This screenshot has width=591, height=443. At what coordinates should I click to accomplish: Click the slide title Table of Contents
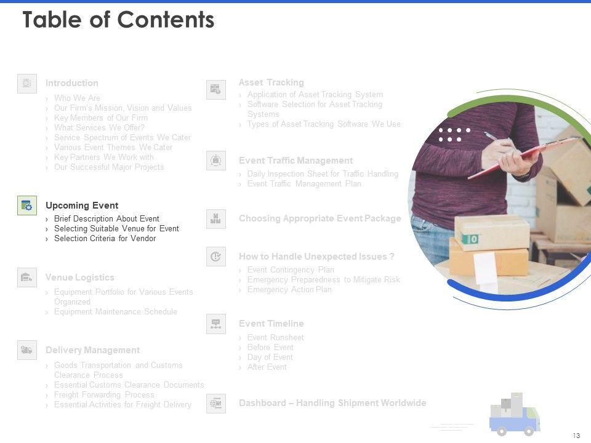118,20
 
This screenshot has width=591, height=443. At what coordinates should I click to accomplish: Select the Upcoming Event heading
82,206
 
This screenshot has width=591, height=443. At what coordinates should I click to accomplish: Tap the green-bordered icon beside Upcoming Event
27,206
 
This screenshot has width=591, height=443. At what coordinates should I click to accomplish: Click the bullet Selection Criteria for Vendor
105,239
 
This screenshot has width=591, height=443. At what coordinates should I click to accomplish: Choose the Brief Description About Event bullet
107,219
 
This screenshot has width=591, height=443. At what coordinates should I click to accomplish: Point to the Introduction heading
71,83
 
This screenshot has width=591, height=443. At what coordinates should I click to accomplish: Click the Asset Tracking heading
271,82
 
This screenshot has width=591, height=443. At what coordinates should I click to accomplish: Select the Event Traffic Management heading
295,161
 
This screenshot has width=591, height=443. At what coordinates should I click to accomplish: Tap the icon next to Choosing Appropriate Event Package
215,218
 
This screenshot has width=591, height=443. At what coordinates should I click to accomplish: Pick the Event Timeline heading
271,324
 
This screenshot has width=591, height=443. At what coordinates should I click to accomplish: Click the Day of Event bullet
270,357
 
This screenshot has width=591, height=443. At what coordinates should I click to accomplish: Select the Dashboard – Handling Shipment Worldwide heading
332,403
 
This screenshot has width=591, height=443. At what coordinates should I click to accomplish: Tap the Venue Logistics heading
79,277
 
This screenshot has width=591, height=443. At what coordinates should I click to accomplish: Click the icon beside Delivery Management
27,349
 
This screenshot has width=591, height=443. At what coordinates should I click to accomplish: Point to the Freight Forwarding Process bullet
104,395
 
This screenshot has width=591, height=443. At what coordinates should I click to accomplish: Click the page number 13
576,436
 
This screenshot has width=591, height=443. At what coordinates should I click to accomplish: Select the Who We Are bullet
77,98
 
